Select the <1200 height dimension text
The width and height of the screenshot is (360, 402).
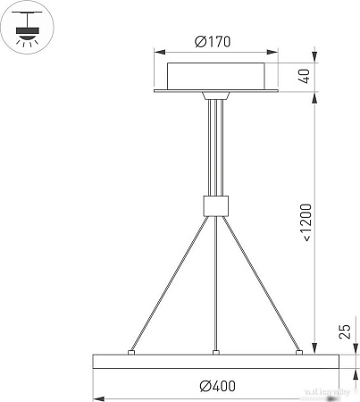click(x=306, y=222)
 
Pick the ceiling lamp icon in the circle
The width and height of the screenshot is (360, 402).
click(x=28, y=28)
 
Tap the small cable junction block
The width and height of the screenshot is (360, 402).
click(x=214, y=206)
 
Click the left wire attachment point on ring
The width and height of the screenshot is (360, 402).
click(x=131, y=354)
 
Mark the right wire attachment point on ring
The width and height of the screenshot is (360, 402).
click(x=300, y=354)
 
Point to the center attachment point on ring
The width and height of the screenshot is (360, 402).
click(x=215, y=354)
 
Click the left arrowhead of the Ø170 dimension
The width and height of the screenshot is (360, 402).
click(x=157, y=51)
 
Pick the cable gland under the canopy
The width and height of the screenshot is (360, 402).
click(x=214, y=95)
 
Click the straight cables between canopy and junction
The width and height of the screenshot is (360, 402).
click(x=214, y=147)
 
